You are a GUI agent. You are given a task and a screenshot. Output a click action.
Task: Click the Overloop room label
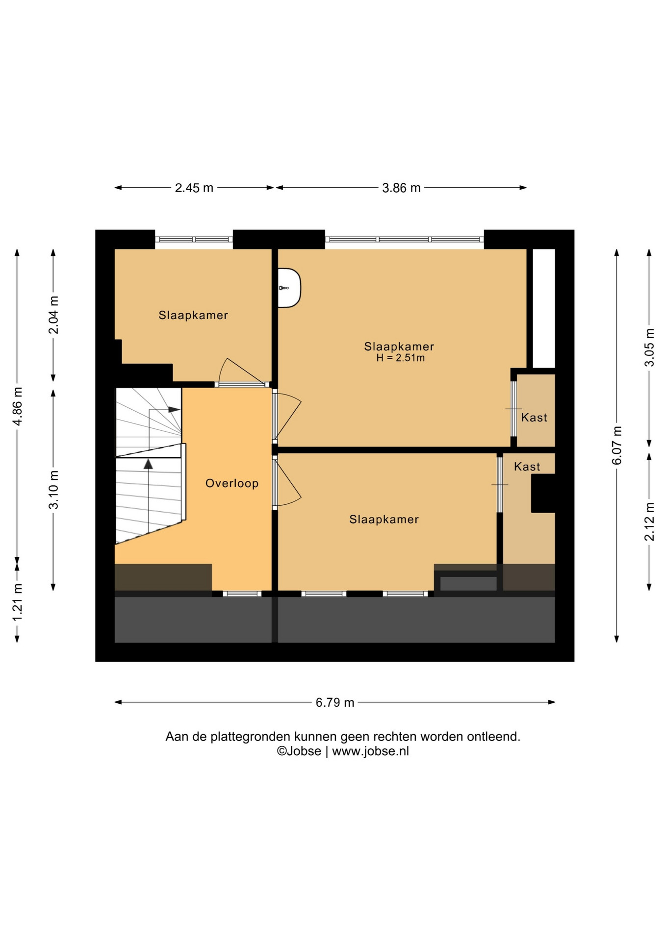pos(231,483)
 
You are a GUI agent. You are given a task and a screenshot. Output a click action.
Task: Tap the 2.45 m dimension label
pos(194,188)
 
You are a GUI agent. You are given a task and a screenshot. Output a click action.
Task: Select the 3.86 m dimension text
pos(401,188)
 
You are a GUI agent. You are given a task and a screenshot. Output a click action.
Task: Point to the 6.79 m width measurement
pos(335,702)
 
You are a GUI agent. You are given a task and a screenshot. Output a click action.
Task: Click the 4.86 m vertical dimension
pos(17,406)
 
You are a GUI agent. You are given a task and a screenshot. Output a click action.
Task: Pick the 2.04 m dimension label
pos(53,315)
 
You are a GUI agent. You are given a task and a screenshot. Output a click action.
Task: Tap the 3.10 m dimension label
pos(53,490)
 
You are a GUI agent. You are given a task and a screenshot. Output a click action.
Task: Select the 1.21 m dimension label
pos(17,602)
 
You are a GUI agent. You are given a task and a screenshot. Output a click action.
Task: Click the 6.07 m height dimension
pos(617,446)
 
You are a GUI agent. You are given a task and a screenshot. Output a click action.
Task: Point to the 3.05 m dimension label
pos(649,347)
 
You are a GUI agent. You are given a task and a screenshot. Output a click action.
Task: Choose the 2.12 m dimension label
pos(649,521)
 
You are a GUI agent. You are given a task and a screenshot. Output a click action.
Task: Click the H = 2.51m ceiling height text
pos(400,358)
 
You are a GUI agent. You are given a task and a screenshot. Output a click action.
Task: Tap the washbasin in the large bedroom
pos(289,288)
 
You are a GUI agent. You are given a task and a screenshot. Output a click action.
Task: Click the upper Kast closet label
pos(534,418)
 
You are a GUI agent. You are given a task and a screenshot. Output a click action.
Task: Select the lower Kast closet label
pos(527,467)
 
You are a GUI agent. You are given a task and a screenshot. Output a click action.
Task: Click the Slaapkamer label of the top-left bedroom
pos(193,315)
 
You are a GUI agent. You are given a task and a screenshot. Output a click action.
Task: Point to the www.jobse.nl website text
pos(370,751)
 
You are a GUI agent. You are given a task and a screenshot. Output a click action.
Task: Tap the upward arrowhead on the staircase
pos(148,464)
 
